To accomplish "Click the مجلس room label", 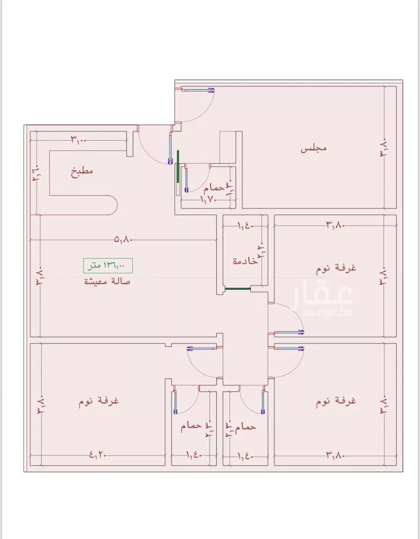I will [x=314, y=149].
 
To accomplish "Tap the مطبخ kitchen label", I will [x=82, y=171].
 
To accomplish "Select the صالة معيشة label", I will [x=107, y=281].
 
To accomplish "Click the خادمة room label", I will [x=245, y=261].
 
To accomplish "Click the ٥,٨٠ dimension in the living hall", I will [x=123, y=240].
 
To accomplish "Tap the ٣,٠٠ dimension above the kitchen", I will [x=78, y=139].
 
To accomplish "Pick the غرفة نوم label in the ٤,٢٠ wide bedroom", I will [x=101, y=401].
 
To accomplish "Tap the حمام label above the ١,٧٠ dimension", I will [x=213, y=189].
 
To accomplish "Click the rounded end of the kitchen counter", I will [x=111, y=205].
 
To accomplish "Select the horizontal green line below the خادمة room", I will [x=236, y=289].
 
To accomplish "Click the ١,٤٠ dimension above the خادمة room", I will [x=245, y=226].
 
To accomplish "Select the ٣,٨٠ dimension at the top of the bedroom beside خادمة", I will [x=334, y=226].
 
